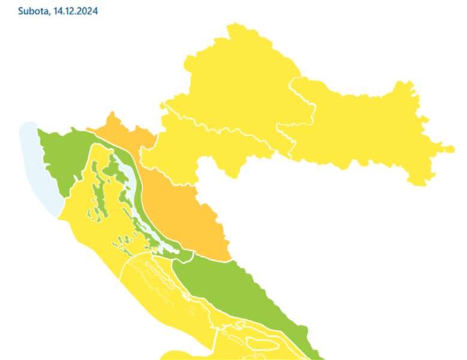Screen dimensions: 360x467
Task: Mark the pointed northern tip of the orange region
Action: pyautogui.click(x=111, y=113)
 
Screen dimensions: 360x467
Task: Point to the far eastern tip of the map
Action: pyautogui.click(x=453, y=148)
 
